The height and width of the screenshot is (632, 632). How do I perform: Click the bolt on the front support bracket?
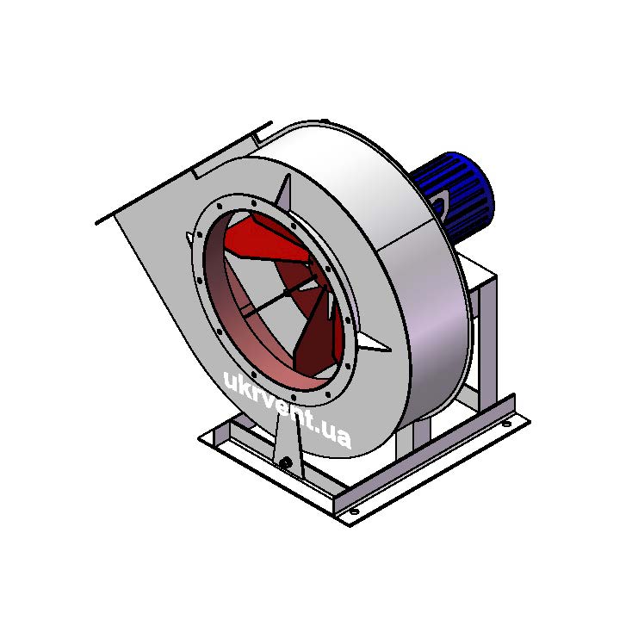pyautogui.click(x=286, y=462)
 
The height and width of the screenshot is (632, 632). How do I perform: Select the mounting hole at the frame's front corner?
pyautogui.click(x=354, y=511)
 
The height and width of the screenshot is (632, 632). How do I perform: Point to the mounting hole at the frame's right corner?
pyautogui.click(x=506, y=424)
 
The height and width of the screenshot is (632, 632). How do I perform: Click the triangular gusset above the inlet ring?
pyautogui.click(x=285, y=193)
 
